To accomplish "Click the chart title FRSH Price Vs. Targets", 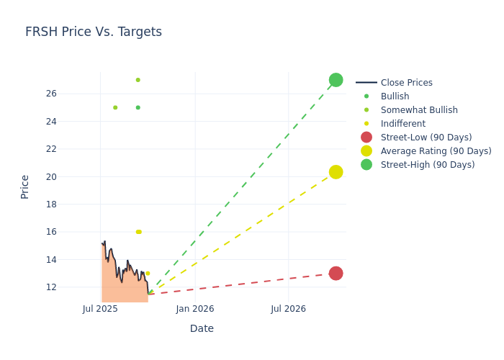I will click(94, 32).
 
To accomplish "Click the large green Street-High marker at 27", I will click(336, 80).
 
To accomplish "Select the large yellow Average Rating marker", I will click(336, 172).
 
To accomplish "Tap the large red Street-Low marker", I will click(336, 274).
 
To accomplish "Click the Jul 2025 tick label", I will click(100, 309).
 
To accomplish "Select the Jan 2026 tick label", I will click(194, 309).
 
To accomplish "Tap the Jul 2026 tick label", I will click(288, 309).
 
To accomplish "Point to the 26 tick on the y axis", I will click(71, 94).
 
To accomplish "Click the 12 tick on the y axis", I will click(71, 287).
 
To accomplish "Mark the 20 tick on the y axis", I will click(71, 176).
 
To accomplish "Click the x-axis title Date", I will click(202, 328).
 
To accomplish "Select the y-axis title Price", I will click(25, 186).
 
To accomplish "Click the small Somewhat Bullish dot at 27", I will click(138, 80).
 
